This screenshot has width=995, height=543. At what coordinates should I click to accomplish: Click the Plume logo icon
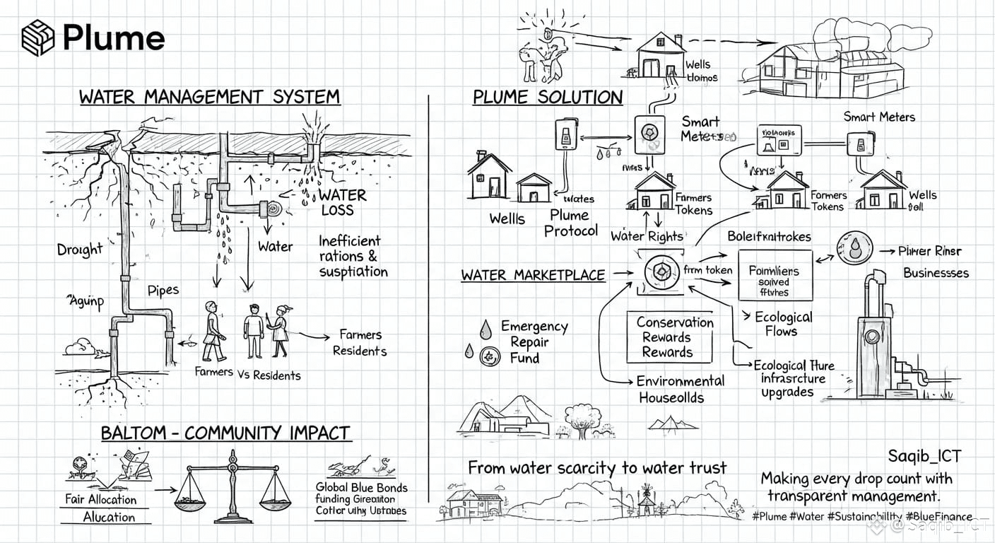tap(38, 37)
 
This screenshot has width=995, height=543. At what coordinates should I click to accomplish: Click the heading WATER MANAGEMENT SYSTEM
tap(209, 97)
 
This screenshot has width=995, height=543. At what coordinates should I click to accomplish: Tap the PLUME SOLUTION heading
tap(548, 98)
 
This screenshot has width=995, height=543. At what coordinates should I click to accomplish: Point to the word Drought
tap(80, 250)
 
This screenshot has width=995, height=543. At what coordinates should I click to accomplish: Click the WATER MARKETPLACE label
tap(533, 275)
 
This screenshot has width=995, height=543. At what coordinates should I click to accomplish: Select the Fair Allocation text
tap(101, 499)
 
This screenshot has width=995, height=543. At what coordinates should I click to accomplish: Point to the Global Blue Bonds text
tap(361, 488)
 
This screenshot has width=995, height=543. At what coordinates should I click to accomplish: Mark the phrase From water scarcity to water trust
tap(596, 467)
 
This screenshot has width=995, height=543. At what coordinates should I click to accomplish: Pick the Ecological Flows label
tap(783, 324)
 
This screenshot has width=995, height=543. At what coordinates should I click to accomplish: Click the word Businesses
tap(936, 273)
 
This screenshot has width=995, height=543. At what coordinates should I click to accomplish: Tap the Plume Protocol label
tap(570, 223)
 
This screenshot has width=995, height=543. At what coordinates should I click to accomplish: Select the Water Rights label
tap(647, 236)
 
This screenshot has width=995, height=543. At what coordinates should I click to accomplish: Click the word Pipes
tap(163, 290)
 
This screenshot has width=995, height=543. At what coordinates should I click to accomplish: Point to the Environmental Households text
tap(670, 389)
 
